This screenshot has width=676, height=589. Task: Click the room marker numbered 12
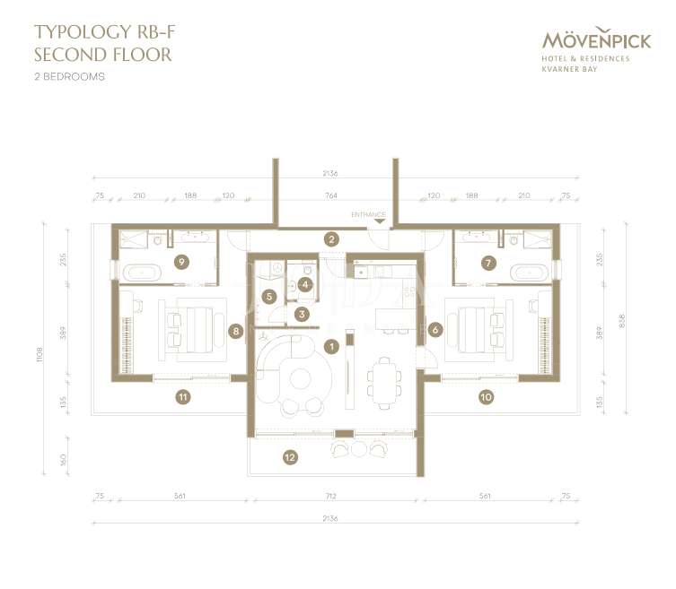pos(289,457)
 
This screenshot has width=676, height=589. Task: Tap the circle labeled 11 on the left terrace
pos(182,395)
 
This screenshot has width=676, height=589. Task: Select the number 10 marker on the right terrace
pos(486,395)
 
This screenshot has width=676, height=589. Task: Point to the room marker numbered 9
pos(182,262)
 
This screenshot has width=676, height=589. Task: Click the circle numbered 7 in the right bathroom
pos(488,263)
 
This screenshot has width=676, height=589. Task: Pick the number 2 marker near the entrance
pos(331,239)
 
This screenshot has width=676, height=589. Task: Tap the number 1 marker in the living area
pos(331,345)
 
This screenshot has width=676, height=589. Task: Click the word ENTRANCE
pos(368,215)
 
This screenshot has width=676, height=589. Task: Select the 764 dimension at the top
pos(331,195)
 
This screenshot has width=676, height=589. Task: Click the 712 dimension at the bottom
pos(331,496)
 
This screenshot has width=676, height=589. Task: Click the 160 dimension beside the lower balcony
pos(63,460)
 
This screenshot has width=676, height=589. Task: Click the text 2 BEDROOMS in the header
pos(69,77)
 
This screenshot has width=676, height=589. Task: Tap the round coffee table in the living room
pos(299,379)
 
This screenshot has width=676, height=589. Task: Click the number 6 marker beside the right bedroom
pos(435,330)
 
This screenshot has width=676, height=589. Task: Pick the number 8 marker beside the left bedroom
pos(235,331)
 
